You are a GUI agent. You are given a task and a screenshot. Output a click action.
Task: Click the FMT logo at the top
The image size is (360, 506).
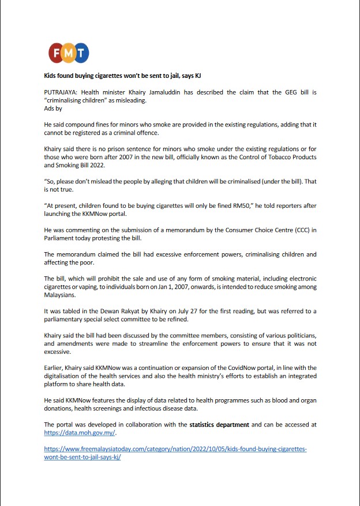click(x=69, y=54)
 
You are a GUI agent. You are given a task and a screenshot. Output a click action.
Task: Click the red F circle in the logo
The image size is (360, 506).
click(x=57, y=54)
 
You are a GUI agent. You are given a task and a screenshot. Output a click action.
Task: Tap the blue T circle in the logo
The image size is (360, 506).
click(x=81, y=54)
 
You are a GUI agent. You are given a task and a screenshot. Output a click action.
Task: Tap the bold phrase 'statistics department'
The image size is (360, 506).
click(x=220, y=424)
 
